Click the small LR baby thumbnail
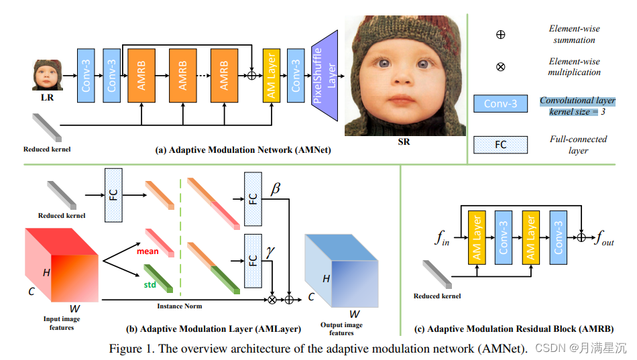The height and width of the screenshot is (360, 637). [x=48, y=75]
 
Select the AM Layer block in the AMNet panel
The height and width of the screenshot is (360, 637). [x=272, y=75]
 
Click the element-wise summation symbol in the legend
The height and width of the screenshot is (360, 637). [x=500, y=34]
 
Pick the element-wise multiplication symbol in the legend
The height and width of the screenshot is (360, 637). [x=500, y=67]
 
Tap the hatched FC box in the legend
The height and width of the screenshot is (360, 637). [x=500, y=143]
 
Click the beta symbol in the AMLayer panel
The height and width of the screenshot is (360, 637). [x=275, y=190]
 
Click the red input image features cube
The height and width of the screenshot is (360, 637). [x=60, y=264]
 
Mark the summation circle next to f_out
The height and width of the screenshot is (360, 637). [x=581, y=237]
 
